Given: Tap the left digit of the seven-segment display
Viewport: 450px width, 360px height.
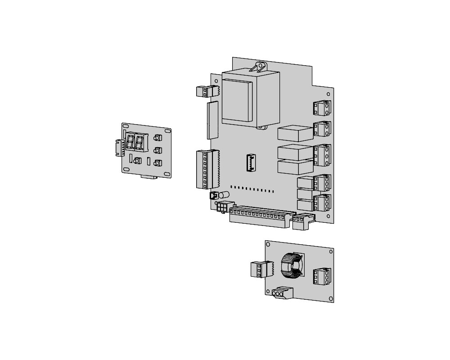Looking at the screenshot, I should [130, 143].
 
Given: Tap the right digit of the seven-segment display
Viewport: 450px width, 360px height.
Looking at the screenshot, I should [139, 143].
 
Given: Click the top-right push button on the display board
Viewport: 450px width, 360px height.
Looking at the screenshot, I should [157, 138].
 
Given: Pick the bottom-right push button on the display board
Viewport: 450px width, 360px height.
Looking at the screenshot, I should [157, 163].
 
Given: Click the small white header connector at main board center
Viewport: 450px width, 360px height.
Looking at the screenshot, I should [251, 162].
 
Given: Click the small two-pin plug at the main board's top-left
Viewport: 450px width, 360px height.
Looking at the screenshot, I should [205, 91].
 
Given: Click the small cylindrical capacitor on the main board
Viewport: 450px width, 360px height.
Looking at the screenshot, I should [224, 195].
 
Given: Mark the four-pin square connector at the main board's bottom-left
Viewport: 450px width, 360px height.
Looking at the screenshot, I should [222, 207].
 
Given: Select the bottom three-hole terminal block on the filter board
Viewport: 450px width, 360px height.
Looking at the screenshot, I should [280, 293].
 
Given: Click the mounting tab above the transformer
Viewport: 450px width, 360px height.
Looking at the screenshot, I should [260, 67].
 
